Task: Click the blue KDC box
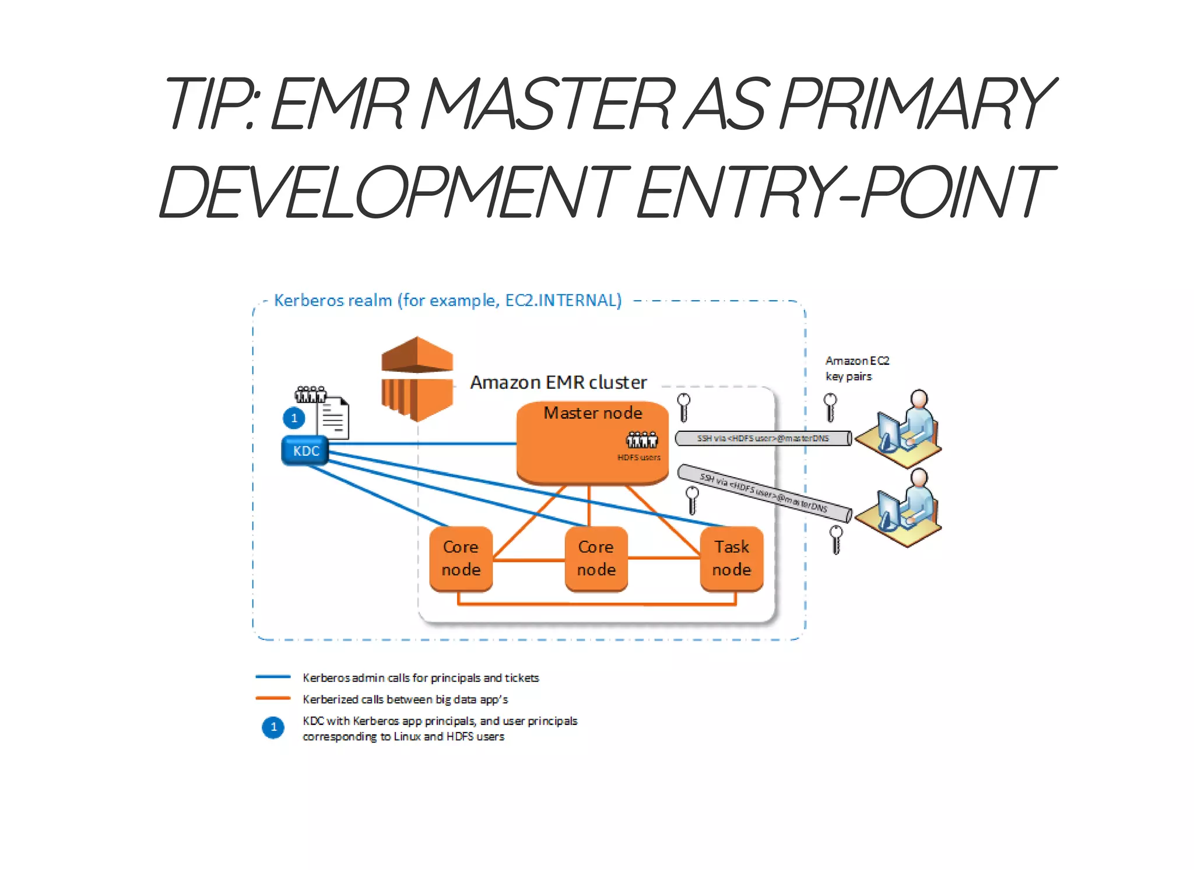pyautogui.click(x=305, y=451)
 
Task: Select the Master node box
pyautogui.click(x=592, y=443)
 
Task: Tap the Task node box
pyautogui.click(x=732, y=558)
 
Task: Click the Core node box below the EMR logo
pyautogui.click(x=461, y=558)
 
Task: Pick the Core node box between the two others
pyautogui.click(x=596, y=558)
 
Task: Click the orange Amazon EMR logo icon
pyautogui.click(x=417, y=379)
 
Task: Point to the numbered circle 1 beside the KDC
pyautogui.click(x=294, y=418)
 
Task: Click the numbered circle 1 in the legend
pyautogui.click(x=273, y=727)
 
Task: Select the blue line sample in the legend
pyautogui.click(x=273, y=677)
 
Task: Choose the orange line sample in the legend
pyautogui.click(x=273, y=698)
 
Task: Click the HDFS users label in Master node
pyautogui.click(x=639, y=457)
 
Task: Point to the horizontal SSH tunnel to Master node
pyautogui.click(x=763, y=438)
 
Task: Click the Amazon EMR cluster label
pyautogui.click(x=558, y=382)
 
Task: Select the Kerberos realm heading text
pyautogui.click(x=447, y=300)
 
